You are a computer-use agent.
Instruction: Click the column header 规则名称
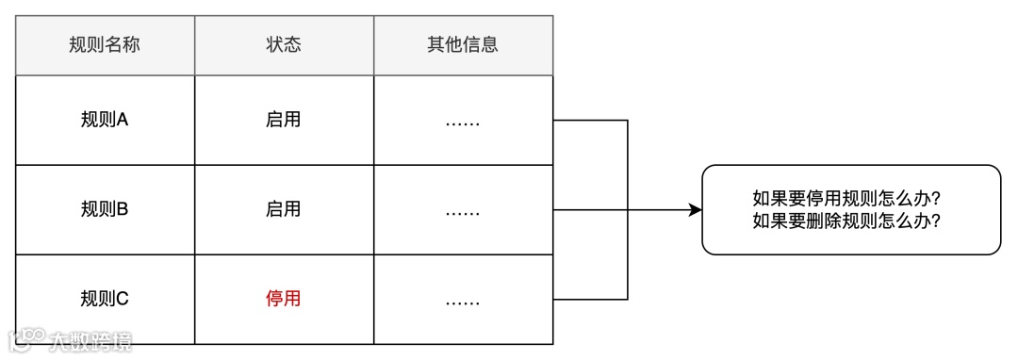pos(105,45)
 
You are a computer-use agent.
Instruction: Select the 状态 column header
pos(284,45)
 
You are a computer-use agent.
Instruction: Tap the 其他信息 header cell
pos(463,45)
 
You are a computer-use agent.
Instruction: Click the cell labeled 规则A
pos(105,120)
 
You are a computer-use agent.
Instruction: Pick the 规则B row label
pos(105,209)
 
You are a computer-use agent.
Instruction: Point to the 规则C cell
pos(105,299)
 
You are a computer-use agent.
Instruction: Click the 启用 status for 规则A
pos(284,120)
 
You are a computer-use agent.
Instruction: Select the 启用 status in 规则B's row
pos(284,209)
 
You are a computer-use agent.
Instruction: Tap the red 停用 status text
pos(284,299)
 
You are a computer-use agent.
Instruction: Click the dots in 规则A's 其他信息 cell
pos(463,122)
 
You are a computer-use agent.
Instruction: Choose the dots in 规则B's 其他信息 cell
pos(463,211)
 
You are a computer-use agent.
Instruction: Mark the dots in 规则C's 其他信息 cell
pos(463,301)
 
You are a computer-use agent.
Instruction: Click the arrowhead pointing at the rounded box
pos(696,209)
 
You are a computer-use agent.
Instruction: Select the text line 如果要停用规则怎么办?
pos(850,199)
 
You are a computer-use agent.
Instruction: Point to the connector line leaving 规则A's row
pos(590,120)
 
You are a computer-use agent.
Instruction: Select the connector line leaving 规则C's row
pos(590,299)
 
